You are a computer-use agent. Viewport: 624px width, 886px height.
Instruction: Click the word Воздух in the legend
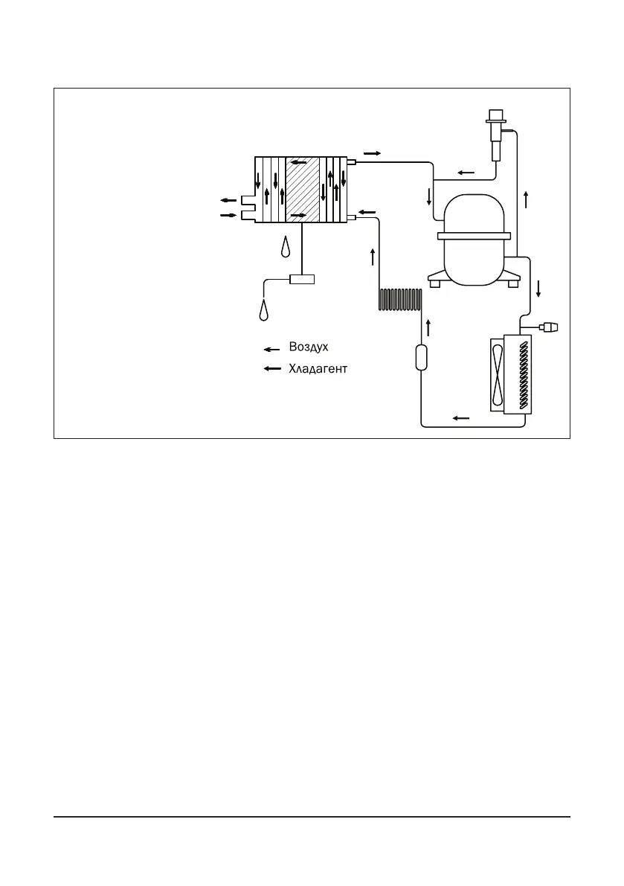(309, 347)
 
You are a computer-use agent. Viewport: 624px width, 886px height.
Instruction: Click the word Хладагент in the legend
(318, 368)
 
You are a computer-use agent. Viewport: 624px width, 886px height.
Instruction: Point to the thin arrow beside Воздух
(272, 348)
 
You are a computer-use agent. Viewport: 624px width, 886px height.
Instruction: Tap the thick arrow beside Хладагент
(272, 369)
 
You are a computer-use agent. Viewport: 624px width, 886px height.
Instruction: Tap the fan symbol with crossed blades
(496, 375)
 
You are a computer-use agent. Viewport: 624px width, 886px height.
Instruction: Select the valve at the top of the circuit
(495, 135)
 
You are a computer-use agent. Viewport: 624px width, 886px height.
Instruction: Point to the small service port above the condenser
(551, 327)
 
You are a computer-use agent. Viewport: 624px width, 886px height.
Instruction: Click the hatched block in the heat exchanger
(303, 190)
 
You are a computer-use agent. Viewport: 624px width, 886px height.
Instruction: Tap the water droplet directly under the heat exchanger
(286, 247)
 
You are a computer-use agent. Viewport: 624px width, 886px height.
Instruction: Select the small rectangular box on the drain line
(303, 280)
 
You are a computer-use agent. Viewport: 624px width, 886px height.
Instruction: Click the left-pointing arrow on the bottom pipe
(461, 418)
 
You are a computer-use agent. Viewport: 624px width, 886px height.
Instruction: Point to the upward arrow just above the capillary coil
(373, 257)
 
